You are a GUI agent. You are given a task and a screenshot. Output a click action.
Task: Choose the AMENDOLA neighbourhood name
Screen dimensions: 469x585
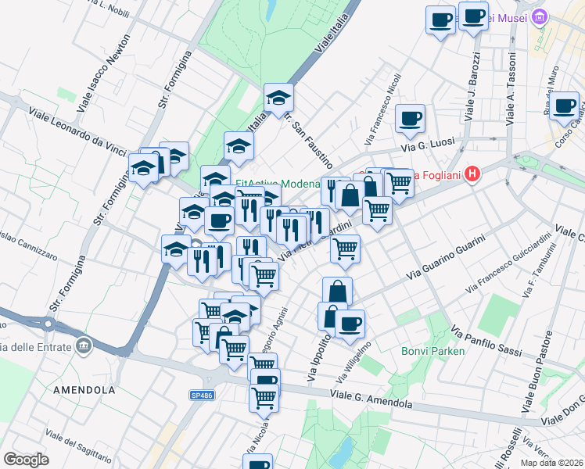tap(84, 389)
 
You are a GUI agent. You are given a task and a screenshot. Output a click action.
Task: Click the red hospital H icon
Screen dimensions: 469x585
tap(471, 173)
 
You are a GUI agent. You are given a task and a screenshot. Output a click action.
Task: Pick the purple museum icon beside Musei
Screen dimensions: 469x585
tap(539, 16)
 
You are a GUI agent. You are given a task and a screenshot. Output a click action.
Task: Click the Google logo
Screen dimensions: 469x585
tap(26, 460)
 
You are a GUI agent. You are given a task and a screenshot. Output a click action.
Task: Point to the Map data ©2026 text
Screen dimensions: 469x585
tap(551, 463)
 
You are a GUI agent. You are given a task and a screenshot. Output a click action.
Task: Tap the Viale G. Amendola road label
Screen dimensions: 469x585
tap(359, 396)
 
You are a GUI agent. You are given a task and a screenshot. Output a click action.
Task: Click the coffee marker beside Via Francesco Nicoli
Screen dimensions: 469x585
tap(410, 119)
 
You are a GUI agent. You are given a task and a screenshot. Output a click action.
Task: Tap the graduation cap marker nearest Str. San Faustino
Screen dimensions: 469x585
tap(278, 98)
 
